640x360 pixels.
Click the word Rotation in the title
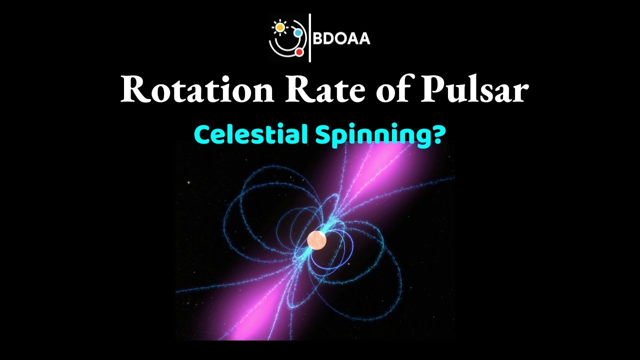click(x=195, y=90)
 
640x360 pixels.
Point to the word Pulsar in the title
click(x=472, y=90)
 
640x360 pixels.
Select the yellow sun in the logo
click(x=278, y=26)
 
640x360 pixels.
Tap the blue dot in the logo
click(x=298, y=32)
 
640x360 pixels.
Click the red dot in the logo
click(x=299, y=52)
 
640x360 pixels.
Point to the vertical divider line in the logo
click(x=310, y=38)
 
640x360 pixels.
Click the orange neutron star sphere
click(x=317, y=240)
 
